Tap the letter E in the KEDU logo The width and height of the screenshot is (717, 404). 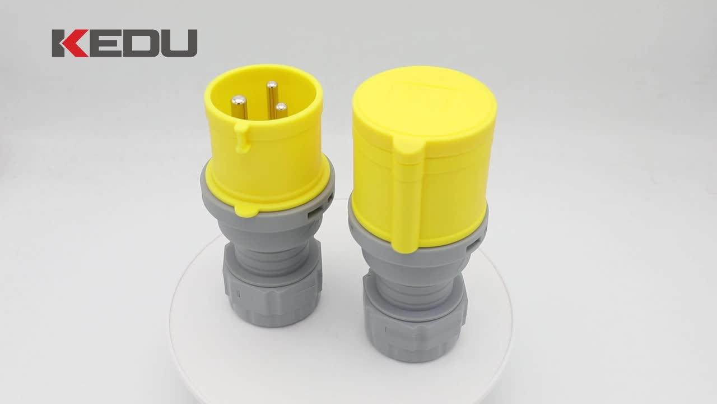104,43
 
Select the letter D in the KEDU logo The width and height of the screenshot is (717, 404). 140,43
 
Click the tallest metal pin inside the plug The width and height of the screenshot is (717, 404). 272,98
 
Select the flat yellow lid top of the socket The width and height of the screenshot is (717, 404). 424,107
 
